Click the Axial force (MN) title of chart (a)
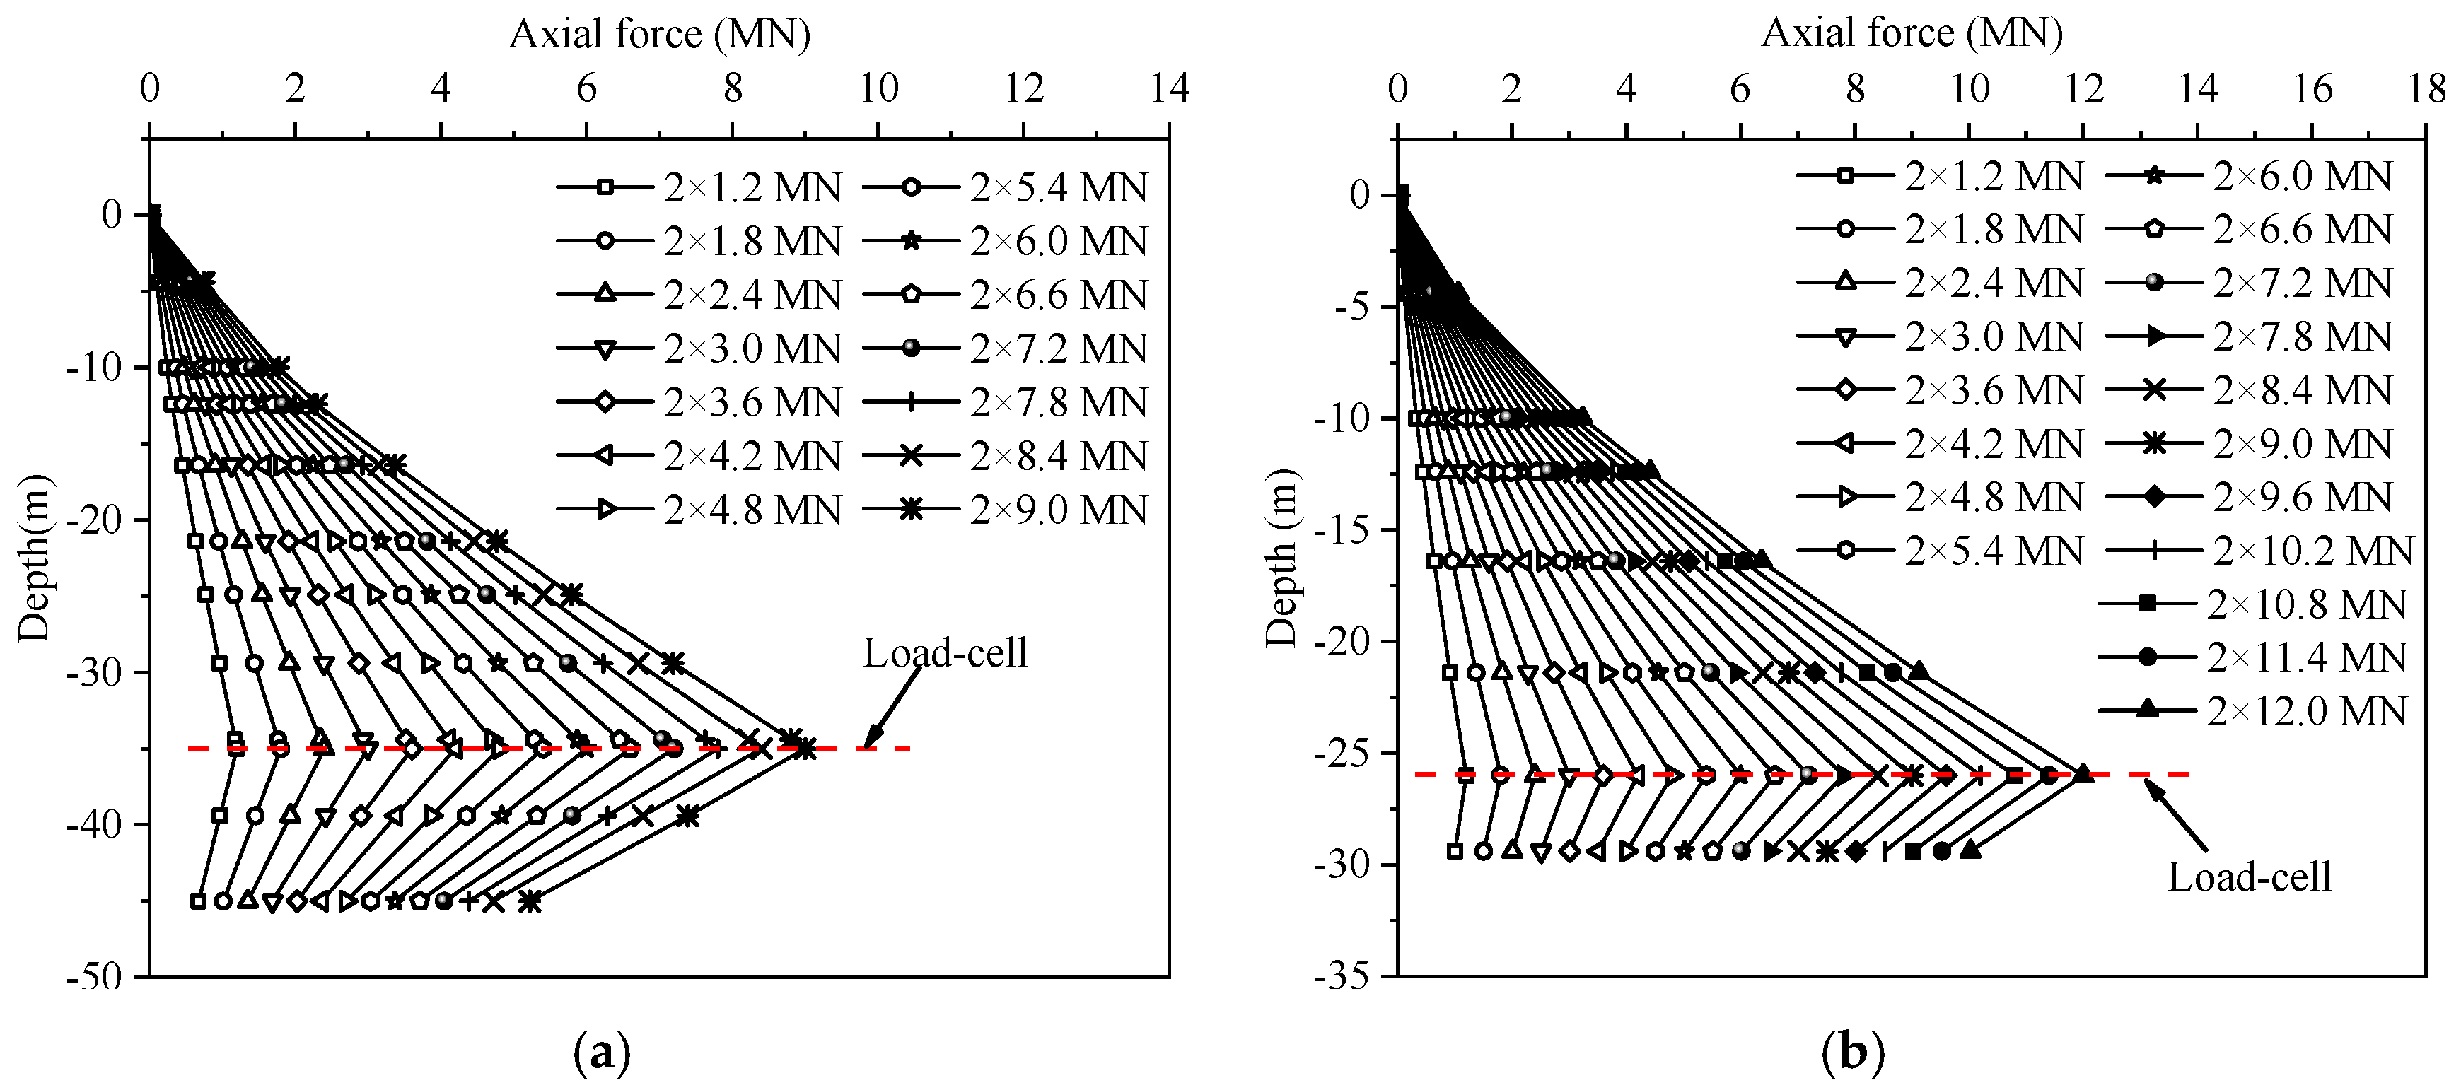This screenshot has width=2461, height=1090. tap(659, 35)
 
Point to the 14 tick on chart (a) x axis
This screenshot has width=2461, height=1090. tap(1170, 89)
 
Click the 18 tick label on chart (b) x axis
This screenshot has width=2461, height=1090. tap(2426, 89)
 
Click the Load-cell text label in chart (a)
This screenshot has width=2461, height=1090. tap(945, 653)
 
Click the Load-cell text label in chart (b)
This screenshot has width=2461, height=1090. tap(2249, 876)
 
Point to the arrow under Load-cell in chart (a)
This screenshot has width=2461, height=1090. tap(892, 708)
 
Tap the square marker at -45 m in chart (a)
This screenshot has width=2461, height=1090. tap(199, 901)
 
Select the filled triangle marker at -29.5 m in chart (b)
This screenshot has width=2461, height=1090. tap(1969, 849)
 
